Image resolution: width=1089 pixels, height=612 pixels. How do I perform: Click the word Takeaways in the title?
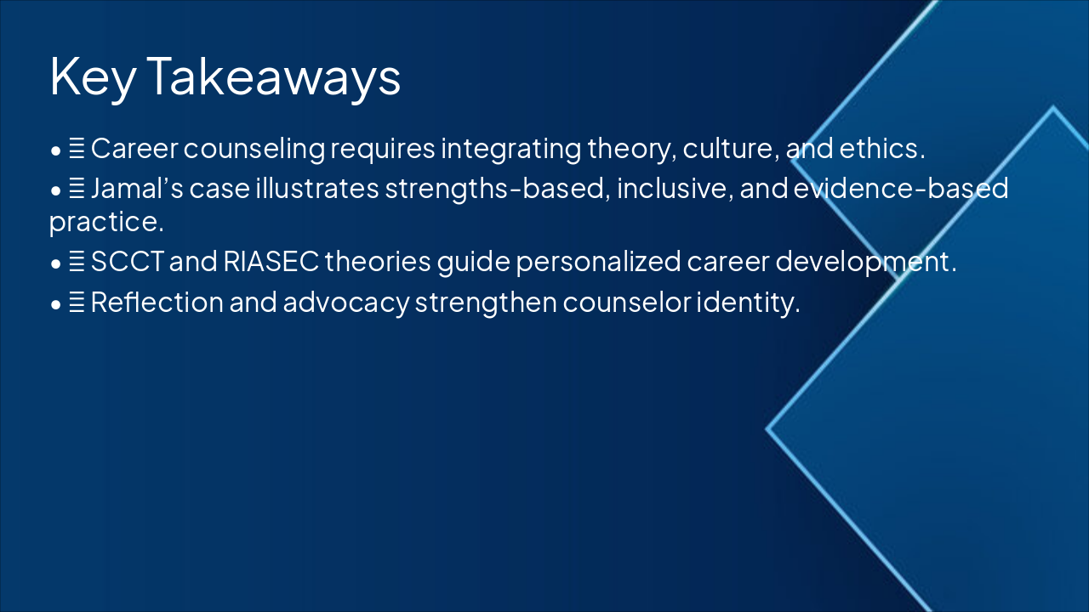pos(273,76)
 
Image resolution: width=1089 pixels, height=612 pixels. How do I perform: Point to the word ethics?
pos(881,150)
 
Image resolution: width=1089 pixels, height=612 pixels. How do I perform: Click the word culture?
pos(733,150)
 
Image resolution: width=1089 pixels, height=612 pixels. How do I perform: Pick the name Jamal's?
pos(136,188)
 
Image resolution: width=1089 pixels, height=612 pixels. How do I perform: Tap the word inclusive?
pos(674,188)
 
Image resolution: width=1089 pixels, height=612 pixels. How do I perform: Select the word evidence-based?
pos(901,188)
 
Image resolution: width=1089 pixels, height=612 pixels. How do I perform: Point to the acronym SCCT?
pos(128,262)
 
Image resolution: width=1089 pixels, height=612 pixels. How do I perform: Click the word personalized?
pos(599,262)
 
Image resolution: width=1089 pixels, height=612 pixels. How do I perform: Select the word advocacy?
pos(345,302)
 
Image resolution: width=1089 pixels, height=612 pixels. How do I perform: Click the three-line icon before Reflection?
pos(77,303)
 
